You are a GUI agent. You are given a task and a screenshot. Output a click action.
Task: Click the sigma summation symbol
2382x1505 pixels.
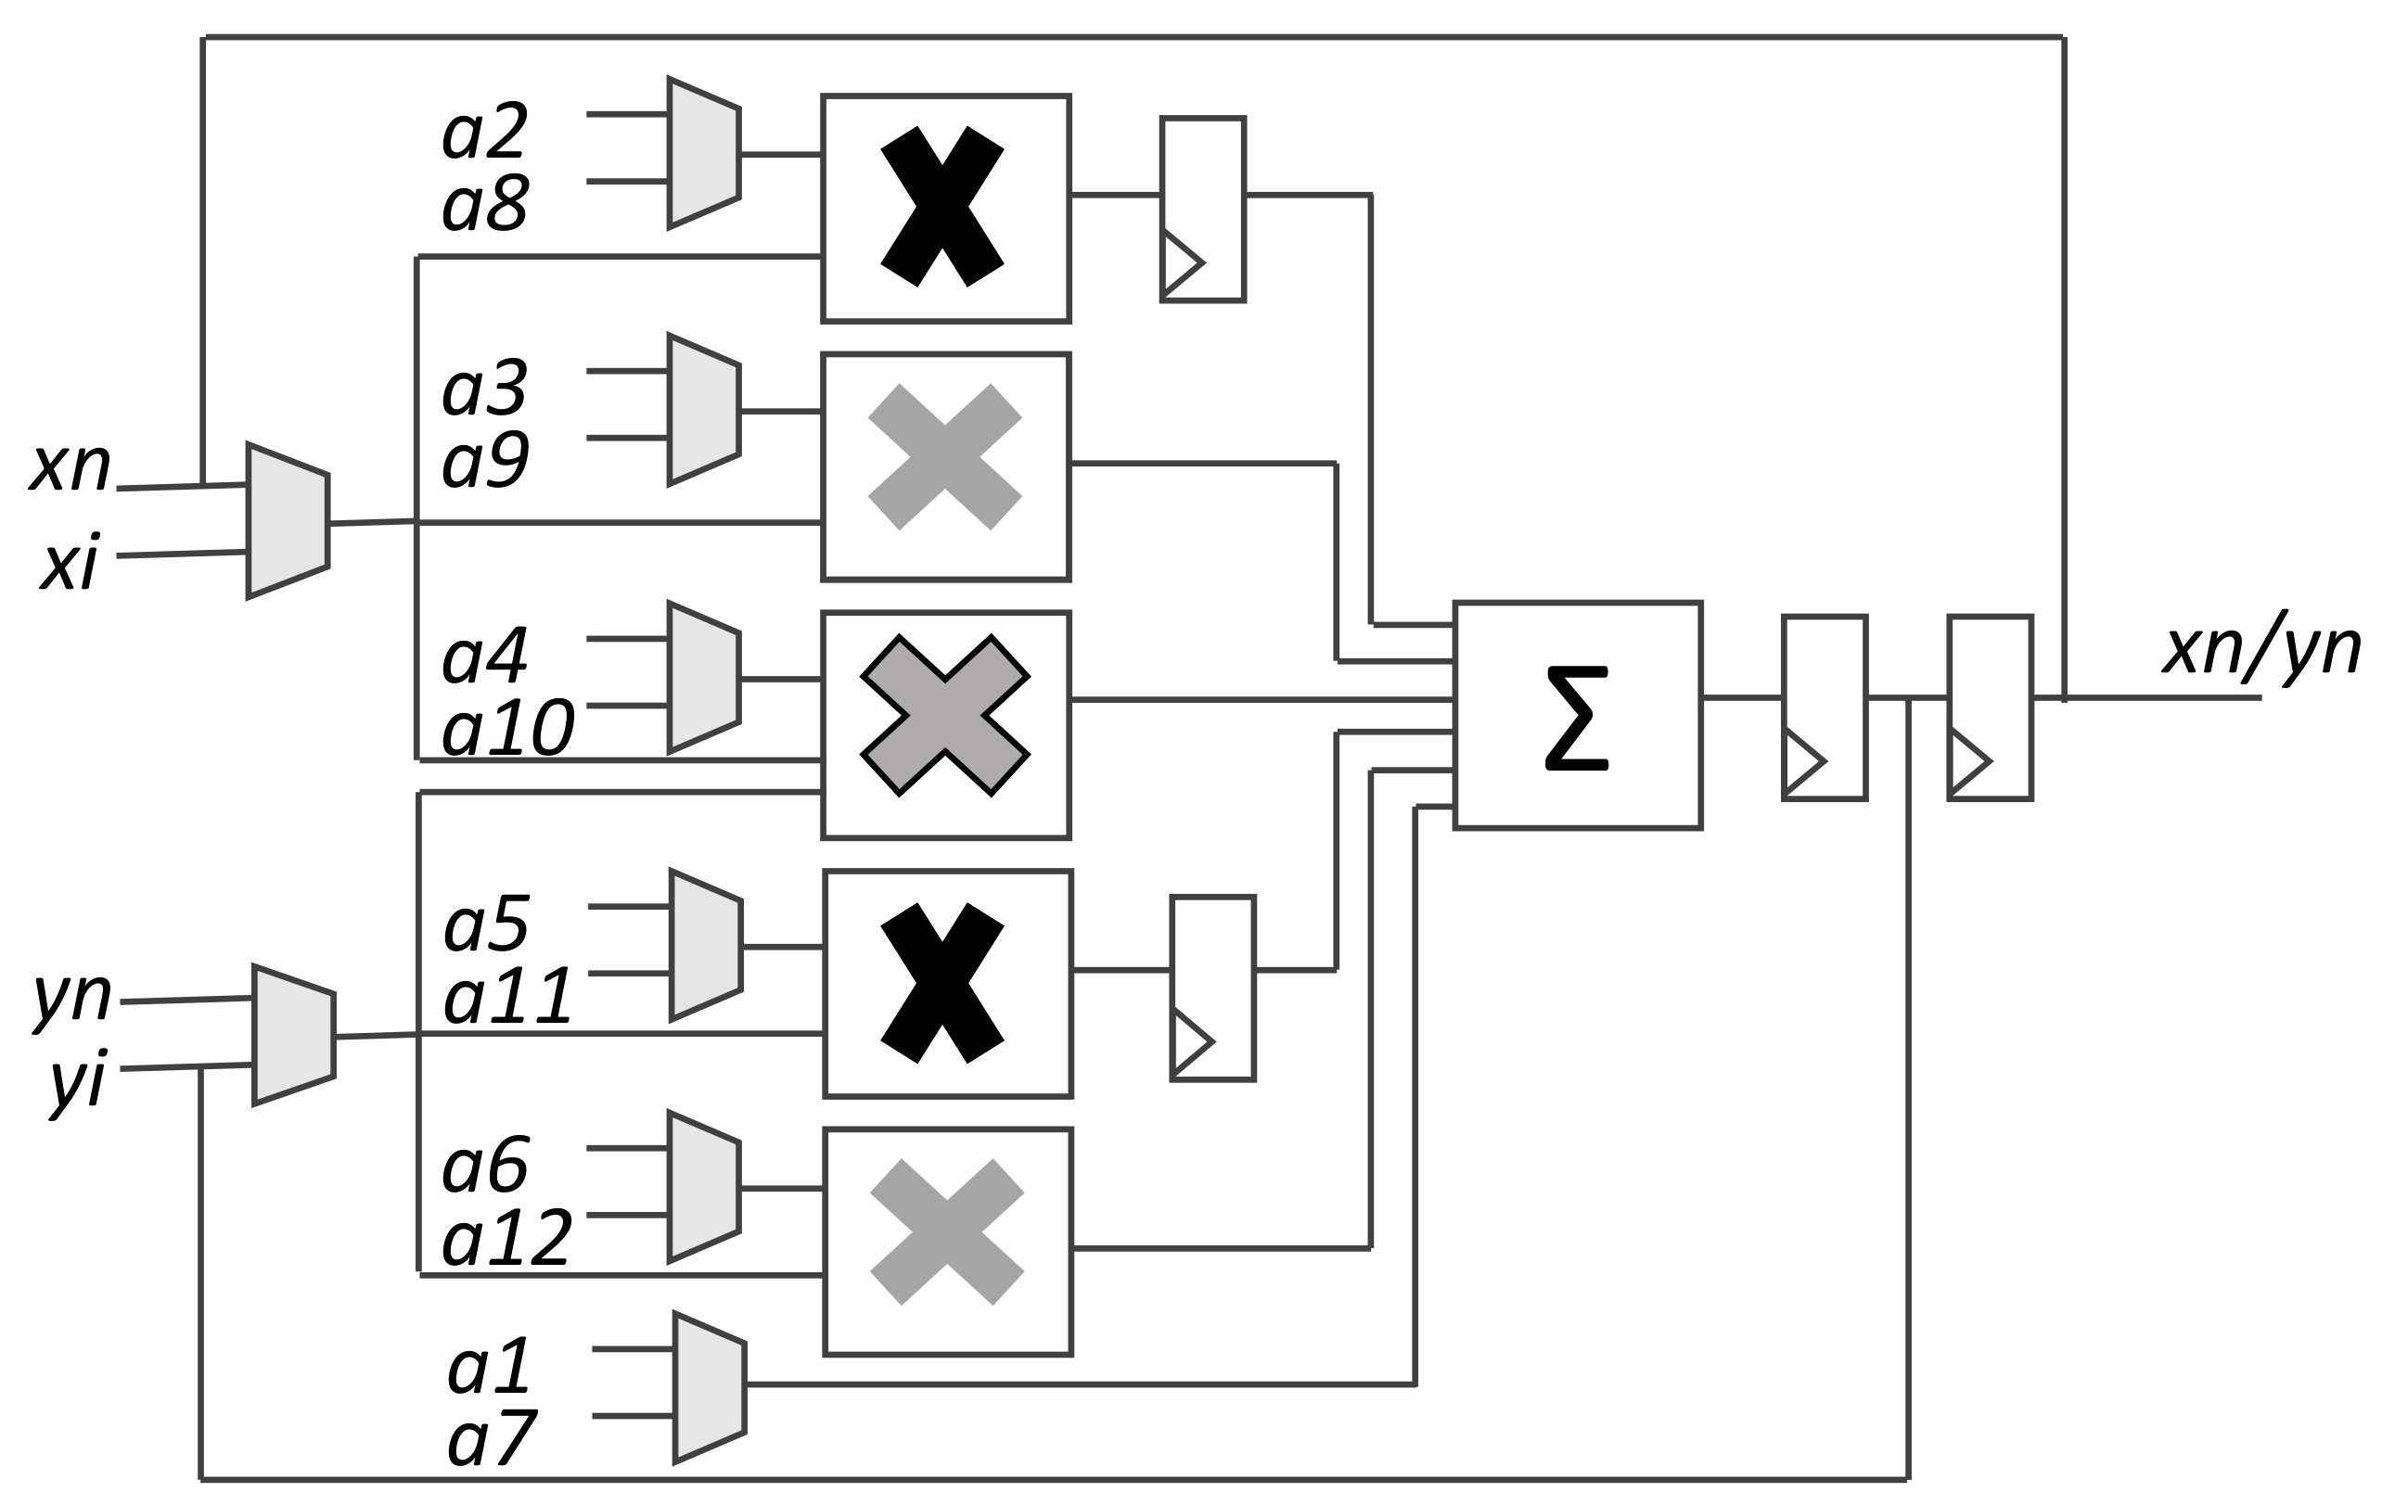click(1576, 718)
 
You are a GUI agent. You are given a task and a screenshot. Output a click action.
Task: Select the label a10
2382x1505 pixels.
click(507, 730)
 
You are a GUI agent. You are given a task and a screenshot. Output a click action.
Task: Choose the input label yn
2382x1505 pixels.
click(72, 997)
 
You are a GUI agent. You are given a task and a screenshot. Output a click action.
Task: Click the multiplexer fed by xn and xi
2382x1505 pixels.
click(287, 521)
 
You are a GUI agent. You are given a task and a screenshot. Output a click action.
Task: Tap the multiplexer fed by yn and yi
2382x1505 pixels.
click(293, 1034)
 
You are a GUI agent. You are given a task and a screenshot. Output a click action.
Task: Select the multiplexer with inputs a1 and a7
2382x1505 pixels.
click(710, 1387)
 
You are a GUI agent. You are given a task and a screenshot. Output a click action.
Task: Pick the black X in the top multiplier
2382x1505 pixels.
click(941, 207)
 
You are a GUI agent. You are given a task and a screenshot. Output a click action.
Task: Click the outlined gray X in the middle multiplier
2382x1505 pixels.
click(944, 715)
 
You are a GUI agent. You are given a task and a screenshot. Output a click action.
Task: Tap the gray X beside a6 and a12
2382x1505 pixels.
click(947, 1232)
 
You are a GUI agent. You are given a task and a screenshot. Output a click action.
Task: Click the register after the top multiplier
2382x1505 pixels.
click(1202, 209)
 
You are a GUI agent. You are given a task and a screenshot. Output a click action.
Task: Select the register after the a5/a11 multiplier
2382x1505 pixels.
click(1211, 988)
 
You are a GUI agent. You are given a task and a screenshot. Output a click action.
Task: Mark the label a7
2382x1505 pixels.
click(492, 1441)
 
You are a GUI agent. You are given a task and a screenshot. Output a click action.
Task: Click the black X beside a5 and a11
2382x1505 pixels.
click(941, 983)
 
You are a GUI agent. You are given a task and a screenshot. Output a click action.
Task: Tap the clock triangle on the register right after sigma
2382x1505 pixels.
click(1802, 761)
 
